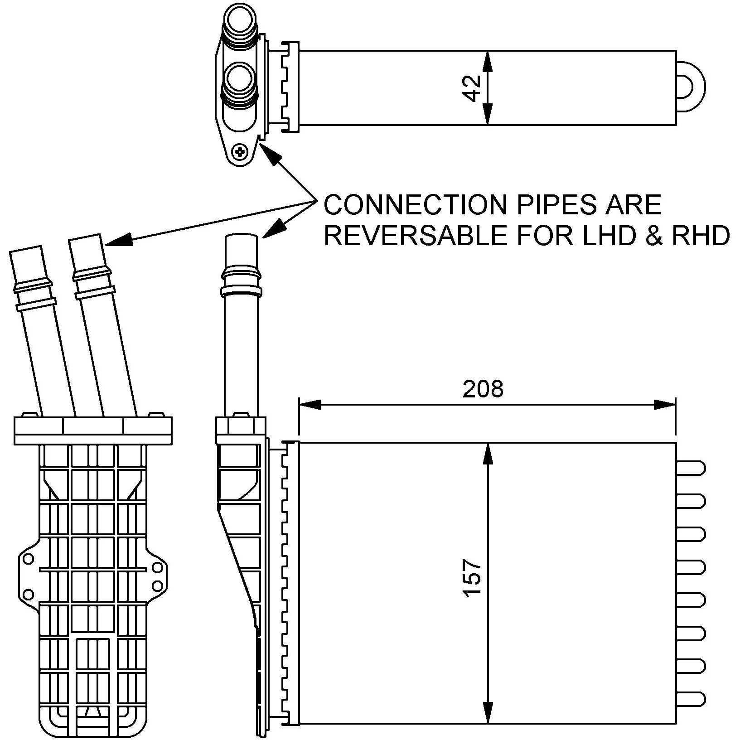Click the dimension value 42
[x=473, y=88]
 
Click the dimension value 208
[x=483, y=389]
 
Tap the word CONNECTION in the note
[x=414, y=205]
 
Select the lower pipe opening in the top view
[x=241, y=81]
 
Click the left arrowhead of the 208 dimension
[x=310, y=404]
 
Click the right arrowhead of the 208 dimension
[x=665, y=404]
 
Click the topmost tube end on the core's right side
[x=691, y=468]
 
